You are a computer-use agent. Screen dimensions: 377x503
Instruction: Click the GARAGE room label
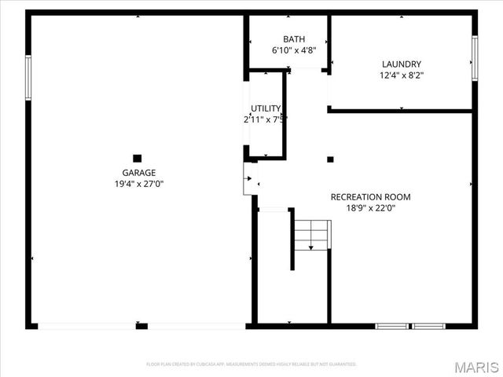[x=138, y=173]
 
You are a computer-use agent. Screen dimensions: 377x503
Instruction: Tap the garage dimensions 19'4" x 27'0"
[x=138, y=184]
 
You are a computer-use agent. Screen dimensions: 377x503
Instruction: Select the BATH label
[x=294, y=39]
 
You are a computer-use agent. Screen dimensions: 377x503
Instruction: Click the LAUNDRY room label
[x=402, y=64]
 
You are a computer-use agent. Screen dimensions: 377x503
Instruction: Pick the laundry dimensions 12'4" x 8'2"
[x=402, y=75]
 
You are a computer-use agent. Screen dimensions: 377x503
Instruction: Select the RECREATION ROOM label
[x=370, y=197]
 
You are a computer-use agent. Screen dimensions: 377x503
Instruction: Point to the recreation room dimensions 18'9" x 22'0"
[x=370, y=208]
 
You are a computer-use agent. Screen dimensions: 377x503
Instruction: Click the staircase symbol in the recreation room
[x=312, y=234]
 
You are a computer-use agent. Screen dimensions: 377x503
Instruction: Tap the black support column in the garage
[x=138, y=158]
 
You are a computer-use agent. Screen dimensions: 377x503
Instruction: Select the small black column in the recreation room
[x=330, y=159]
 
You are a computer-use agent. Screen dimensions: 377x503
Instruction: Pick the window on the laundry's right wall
[x=475, y=58]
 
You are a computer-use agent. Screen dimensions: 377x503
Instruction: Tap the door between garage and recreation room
[x=251, y=179]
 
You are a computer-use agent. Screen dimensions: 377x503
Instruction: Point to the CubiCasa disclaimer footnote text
[x=251, y=364]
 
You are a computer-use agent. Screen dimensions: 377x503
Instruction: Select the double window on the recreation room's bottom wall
[x=410, y=325]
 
